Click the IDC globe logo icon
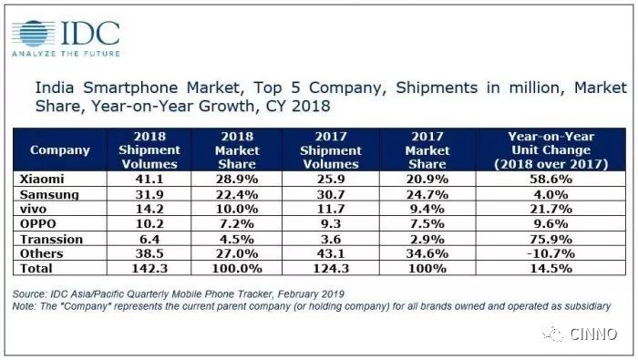[x=34, y=34]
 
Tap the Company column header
[x=60, y=150]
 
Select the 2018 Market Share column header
[x=237, y=150]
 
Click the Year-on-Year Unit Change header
[x=551, y=150]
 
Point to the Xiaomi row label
[x=42, y=179]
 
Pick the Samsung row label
[x=49, y=194]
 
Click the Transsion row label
[x=51, y=239]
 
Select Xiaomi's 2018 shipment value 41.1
[x=149, y=179]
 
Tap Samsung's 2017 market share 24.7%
[x=427, y=194]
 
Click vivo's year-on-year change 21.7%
[x=551, y=209]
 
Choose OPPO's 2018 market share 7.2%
[x=237, y=223]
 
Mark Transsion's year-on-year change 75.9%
[x=551, y=239]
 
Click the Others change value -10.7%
[x=551, y=253]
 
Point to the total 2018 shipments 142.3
[x=149, y=269]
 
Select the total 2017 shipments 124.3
[x=331, y=269]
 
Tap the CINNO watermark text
[x=593, y=334]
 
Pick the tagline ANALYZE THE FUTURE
[x=66, y=54]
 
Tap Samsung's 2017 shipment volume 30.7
[x=331, y=194]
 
